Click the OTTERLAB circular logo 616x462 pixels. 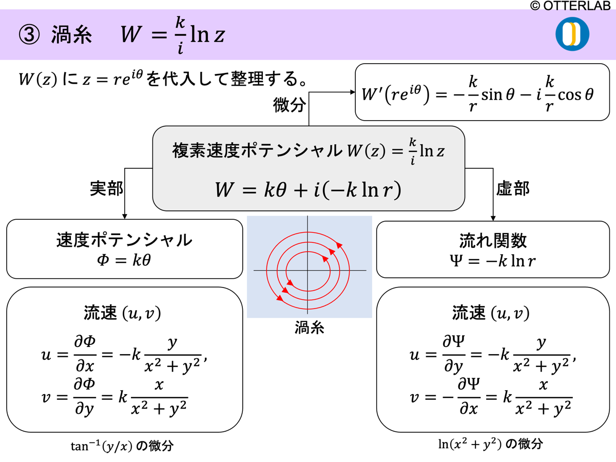click(572, 34)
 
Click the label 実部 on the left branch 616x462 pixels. click(107, 188)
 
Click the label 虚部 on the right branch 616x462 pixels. click(512, 188)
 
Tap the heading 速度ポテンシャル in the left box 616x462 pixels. click(124, 240)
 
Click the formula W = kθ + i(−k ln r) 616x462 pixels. click(308, 190)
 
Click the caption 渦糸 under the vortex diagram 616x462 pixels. click(309, 329)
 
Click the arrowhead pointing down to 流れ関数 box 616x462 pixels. click(493, 217)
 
